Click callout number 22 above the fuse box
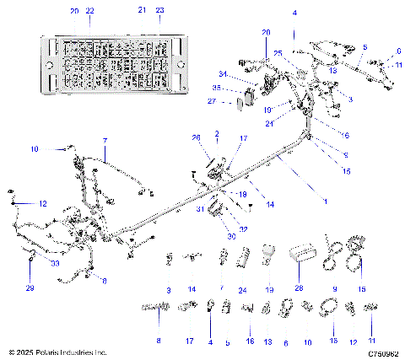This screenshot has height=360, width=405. point(90,10)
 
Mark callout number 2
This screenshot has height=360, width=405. point(217,133)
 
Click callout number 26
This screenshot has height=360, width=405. point(196,137)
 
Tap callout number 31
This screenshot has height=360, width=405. point(201,209)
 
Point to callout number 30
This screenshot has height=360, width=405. point(209,237)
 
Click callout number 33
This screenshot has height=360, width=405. point(31,263)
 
